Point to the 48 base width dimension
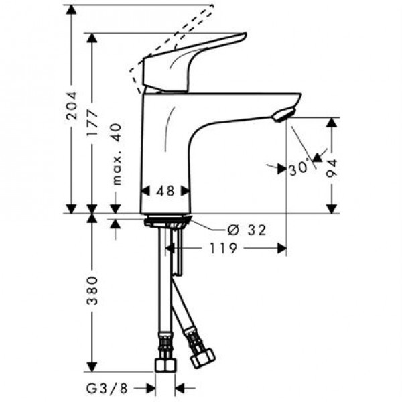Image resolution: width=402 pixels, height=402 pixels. (x=165, y=191)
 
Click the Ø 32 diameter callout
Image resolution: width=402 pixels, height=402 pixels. (x=246, y=230)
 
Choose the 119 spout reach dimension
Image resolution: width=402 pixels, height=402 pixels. (x=224, y=249)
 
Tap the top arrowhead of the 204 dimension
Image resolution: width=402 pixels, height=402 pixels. (x=72, y=9)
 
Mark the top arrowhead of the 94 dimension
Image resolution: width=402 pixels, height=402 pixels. (x=332, y=123)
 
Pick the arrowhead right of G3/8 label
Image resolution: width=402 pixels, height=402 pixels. (x=181, y=387)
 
